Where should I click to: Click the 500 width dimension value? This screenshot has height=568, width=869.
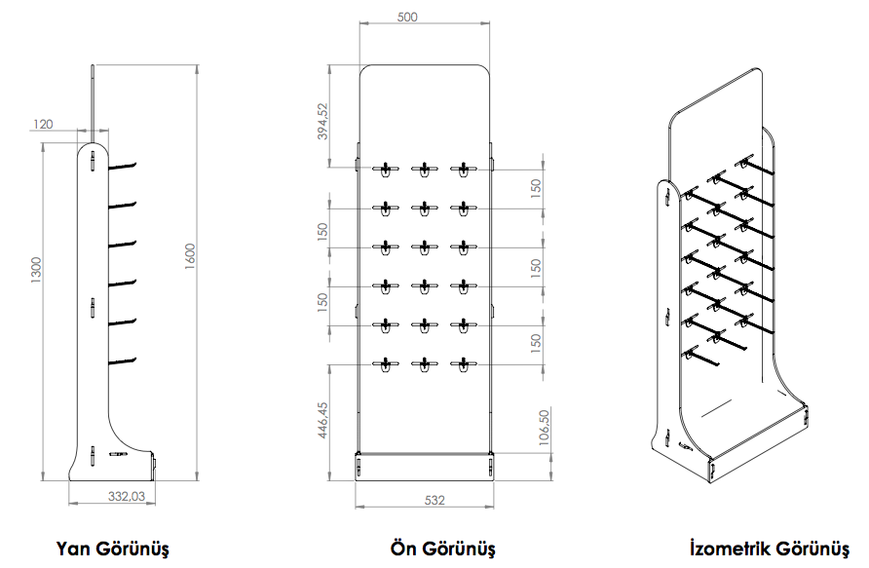coord(407,18)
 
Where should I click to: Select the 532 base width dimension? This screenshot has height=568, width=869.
coord(434,501)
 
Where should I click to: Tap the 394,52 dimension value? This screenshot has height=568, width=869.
coord(323,121)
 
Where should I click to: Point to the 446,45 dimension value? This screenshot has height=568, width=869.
coord(323,420)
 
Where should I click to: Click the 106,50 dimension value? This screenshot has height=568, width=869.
coord(544,428)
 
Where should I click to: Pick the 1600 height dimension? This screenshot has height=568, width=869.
coord(190,256)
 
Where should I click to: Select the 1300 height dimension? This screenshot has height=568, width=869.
coord(36,270)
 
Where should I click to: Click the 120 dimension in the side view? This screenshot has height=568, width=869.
coord(43,124)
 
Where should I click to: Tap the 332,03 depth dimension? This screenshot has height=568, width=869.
coord(127,496)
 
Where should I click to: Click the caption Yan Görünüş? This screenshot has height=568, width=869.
coord(112,549)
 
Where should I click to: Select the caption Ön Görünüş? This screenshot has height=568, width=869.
coord(442,549)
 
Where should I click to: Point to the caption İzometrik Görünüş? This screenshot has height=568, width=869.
coord(770,549)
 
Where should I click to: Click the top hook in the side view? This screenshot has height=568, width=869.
coord(123,165)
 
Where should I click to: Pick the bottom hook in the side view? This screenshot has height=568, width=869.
coord(123,361)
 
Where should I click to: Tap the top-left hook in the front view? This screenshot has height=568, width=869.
coord(385,169)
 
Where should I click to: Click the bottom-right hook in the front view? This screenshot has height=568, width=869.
coord(464,364)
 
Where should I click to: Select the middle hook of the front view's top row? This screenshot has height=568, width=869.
coord(425,169)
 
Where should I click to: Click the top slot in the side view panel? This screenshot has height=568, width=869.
coord(93,160)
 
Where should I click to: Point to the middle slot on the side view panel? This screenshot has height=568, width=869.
coord(93,308)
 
